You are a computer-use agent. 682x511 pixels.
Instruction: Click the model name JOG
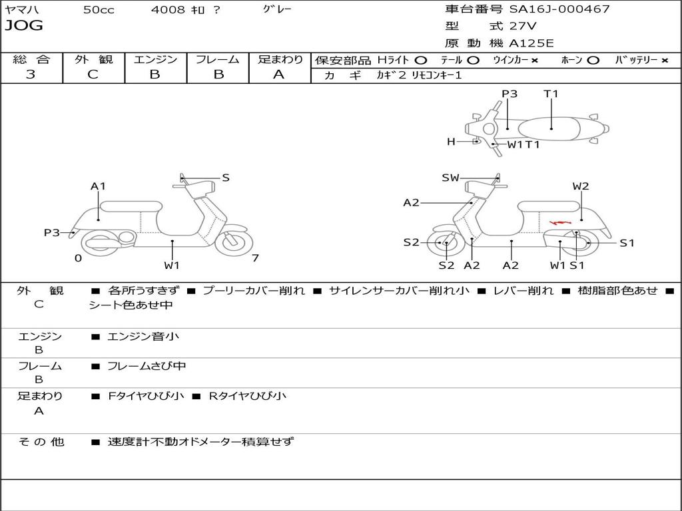pyautogui.click(x=24, y=26)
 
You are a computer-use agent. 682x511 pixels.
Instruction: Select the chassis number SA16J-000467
pyautogui.click(x=559, y=9)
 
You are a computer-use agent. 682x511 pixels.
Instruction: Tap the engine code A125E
pyautogui.click(x=531, y=43)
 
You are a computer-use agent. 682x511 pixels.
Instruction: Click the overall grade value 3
pyautogui.click(x=31, y=75)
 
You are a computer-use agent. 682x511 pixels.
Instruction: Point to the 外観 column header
pyautogui.click(x=93, y=59)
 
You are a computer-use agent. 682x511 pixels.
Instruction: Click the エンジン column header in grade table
pyautogui.click(x=155, y=59)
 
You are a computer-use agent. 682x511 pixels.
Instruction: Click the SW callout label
pyautogui.click(x=451, y=178)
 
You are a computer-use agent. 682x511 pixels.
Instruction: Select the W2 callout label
pyautogui.click(x=581, y=186)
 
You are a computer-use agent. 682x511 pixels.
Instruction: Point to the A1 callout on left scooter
pyautogui.click(x=98, y=186)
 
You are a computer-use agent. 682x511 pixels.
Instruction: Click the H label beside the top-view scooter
pyautogui.click(x=451, y=142)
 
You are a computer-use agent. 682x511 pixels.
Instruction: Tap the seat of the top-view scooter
pyautogui.click(x=551, y=127)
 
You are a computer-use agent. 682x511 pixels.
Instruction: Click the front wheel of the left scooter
pyautogui.click(x=234, y=240)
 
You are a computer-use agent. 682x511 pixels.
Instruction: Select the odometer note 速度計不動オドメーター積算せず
pyautogui.click(x=200, y=441)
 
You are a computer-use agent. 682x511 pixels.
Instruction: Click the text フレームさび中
pyautogui.click(x=147, y=366)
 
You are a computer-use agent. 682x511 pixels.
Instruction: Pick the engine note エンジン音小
pyautogui.click(x=143, y=337)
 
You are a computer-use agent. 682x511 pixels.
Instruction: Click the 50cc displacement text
pyautogui.click(x=99, y=9)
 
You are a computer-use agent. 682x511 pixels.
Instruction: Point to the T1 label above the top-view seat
pyautogui.click(x=551, y=94)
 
